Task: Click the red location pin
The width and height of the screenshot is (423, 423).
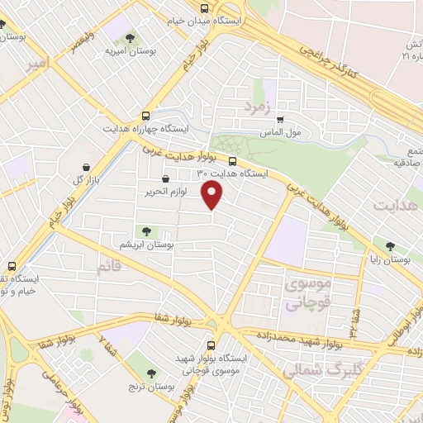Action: [213, 195]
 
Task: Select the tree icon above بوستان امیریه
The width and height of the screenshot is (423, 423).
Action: [129, 37]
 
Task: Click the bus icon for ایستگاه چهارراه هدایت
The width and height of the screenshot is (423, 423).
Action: [146, 116]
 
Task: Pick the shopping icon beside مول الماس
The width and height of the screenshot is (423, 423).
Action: [279, 119]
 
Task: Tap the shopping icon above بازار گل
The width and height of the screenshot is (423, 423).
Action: [88, 166]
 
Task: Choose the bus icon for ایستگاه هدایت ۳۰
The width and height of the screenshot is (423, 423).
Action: [232, 161]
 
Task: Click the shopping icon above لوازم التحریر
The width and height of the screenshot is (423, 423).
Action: [165, 178]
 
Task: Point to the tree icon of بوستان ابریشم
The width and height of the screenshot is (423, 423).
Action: [146, 232]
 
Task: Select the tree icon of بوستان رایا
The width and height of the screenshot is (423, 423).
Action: [390, 246]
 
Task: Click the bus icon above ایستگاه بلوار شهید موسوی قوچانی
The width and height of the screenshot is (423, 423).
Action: [211, 345]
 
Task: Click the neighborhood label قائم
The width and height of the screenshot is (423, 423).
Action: [110, 267]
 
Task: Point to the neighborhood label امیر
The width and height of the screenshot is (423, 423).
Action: [37, 64]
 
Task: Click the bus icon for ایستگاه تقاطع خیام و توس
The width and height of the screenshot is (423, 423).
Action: [12, 266]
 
